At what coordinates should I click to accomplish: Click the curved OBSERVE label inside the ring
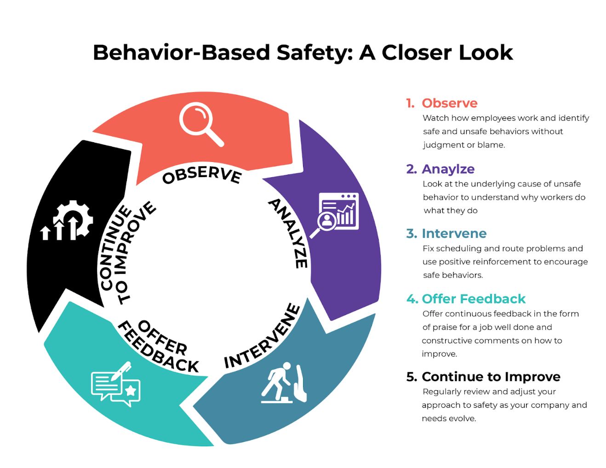tap(202, 174)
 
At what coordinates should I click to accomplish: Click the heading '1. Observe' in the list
tap(442, 103)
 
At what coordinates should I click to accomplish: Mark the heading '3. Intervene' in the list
tap(446, 233)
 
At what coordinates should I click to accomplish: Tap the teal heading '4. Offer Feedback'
tap(466, 299)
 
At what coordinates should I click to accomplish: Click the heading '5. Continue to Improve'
tap(483, 376)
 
